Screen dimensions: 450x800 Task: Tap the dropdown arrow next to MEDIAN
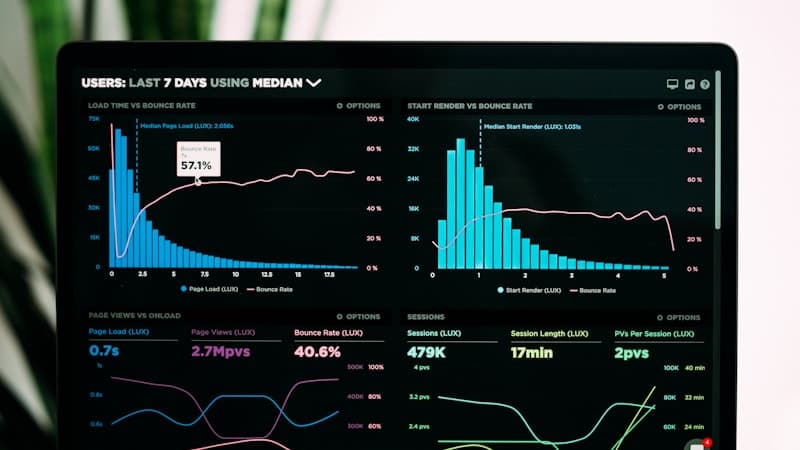(x=314, y=82)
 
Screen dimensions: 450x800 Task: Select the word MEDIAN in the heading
(x=277, y=83)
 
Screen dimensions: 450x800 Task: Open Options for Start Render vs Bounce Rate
(x=683, y=106)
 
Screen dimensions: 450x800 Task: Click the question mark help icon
(x=705, y=85)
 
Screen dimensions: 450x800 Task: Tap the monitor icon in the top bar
(x=672, y=85)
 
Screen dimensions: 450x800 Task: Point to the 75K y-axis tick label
(x=94, y=119)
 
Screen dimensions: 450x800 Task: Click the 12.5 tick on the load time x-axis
(x=266, y=274)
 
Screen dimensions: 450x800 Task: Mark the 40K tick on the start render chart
(x=412, y=119)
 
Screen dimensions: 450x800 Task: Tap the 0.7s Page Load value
(x=104, y=352)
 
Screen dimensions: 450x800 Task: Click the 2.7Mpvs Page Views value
(x=220, y=352)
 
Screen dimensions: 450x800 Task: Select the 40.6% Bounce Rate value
(x=317, y=352)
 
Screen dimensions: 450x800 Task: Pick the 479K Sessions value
(x=426, y=352)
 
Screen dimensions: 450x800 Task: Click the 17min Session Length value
(x=532, y=352)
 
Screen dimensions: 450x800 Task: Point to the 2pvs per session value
(x=632, y=352)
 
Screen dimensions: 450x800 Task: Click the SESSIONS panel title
(x=426, y=316)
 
